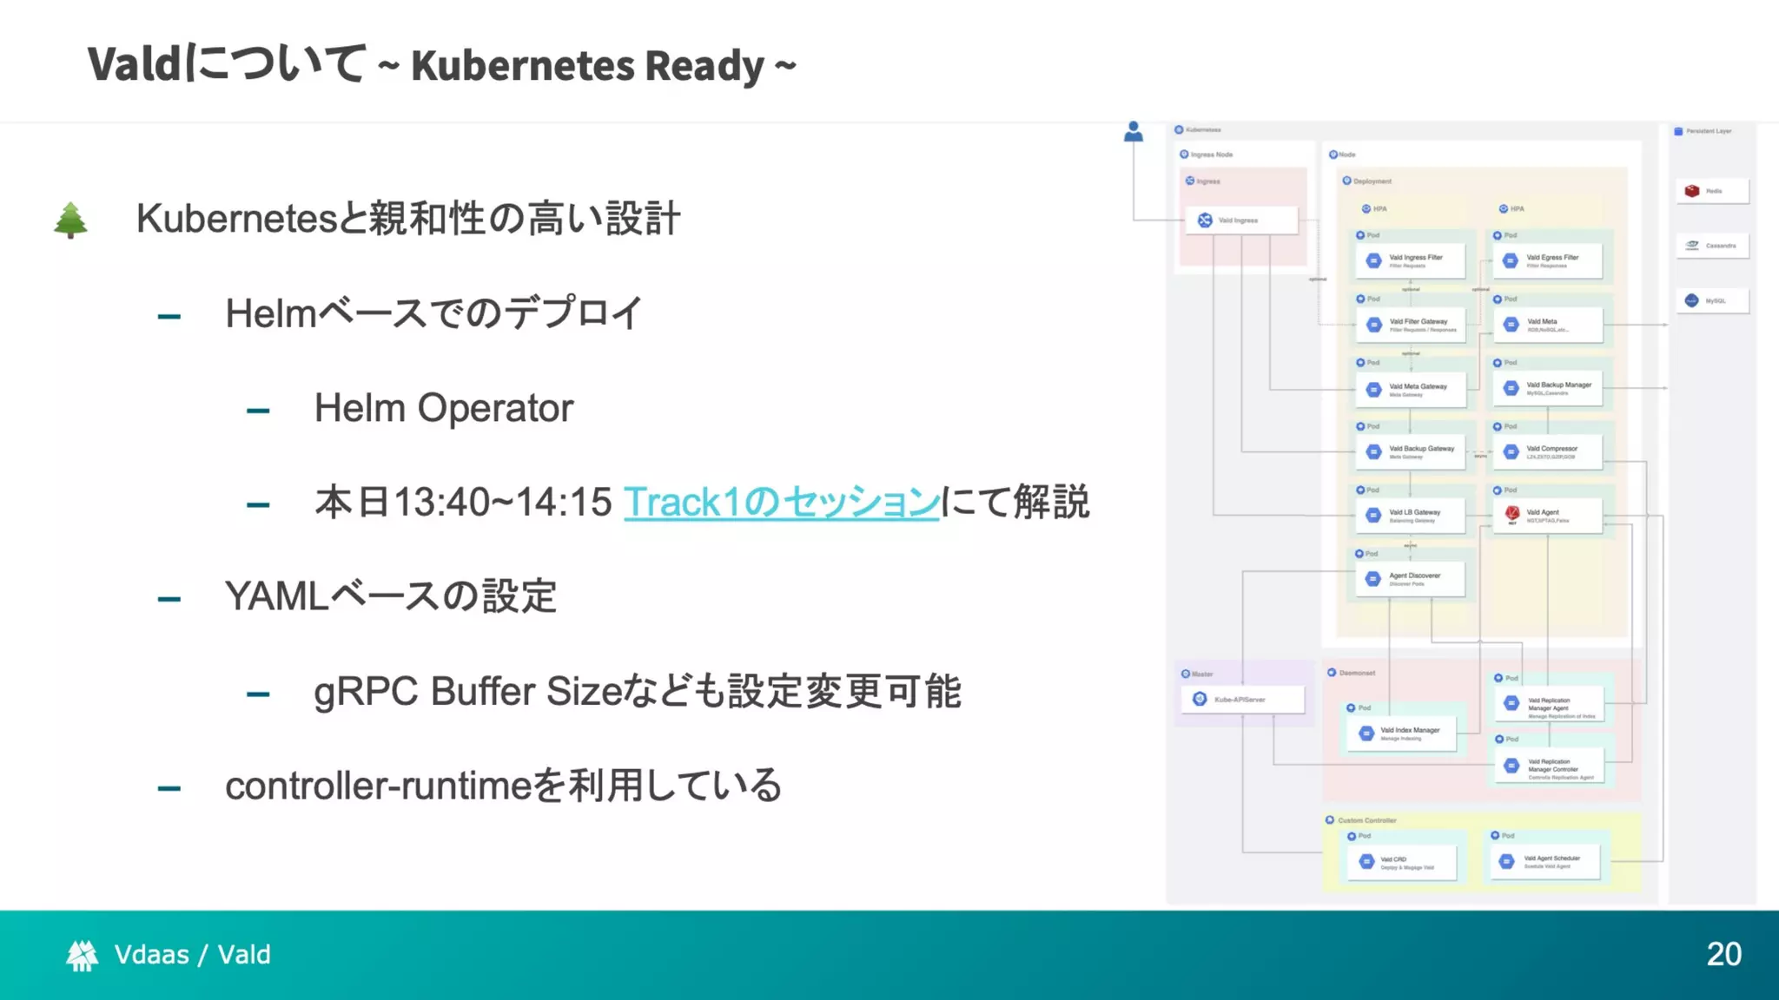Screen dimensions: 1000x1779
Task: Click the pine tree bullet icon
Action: [x=70, y=220]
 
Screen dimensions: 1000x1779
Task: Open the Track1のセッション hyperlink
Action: [x=781, y=503]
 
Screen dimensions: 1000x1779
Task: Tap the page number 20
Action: [x=1723, y=954]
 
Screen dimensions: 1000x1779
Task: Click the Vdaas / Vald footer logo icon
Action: [x=83, y=955]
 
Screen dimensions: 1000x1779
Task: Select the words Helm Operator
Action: [x=443, y=408]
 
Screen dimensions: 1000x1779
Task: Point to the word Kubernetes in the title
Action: [x=521, y=66]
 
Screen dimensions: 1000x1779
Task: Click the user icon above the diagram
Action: [x=1133, y=132]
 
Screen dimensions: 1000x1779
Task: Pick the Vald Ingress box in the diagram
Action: [x=1241, y=220]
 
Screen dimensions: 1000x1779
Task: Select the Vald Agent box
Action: [x=1547, y=515]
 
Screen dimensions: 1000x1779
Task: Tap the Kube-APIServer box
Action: [x=1241, y=700]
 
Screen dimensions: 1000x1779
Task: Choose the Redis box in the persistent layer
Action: [x=1711, y=191]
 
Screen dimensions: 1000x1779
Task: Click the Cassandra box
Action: [x=1711, y=246]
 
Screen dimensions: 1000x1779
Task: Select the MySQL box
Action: [x=1711, y=301]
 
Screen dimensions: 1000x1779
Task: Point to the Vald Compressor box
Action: [x=1547, y=451]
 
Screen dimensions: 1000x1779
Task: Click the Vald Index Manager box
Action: [x=1402, y=734]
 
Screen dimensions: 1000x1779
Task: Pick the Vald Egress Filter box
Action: [x=1547, y=260]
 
